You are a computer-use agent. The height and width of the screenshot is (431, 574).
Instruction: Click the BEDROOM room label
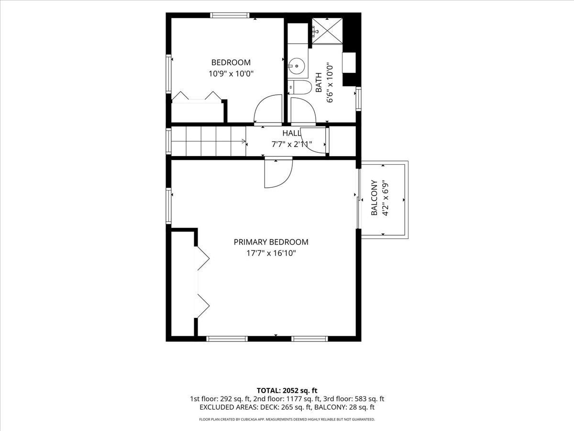(231, 63)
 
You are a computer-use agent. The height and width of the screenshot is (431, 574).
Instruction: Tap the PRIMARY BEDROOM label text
(271, 242)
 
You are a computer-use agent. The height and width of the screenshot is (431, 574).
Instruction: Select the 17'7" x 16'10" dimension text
(271, 253)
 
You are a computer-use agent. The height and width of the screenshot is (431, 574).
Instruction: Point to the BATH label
(319, 82)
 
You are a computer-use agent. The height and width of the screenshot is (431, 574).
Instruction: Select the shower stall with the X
(327, 31)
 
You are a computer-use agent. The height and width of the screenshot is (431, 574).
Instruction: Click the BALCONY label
(374, 198)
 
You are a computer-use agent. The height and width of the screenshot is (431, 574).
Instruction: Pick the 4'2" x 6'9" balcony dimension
(386, 198)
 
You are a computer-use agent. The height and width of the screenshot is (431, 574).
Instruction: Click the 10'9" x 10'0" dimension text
(231, 74)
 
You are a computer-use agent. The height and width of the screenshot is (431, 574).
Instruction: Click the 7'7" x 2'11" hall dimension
(292, 144)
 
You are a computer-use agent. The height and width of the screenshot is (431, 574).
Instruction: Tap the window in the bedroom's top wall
(229, 15)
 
